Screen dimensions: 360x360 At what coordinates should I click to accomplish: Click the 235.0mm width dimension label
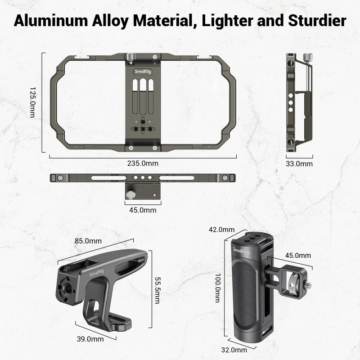tap(143, 164)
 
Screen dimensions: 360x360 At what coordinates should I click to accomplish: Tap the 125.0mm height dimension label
tap(32, 102)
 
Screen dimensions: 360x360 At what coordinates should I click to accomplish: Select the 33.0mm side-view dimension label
tap(299, 164)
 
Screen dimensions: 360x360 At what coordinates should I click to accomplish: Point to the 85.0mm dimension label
tap(88, 241)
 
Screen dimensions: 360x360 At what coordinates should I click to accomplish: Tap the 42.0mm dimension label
tap(221, 229)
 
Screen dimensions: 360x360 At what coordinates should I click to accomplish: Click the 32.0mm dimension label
tap(234, 350)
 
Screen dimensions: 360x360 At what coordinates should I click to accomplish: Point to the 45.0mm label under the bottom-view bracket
tap(143, 210)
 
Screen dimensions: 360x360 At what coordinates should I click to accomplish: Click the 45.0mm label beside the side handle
tap(298, 256)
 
